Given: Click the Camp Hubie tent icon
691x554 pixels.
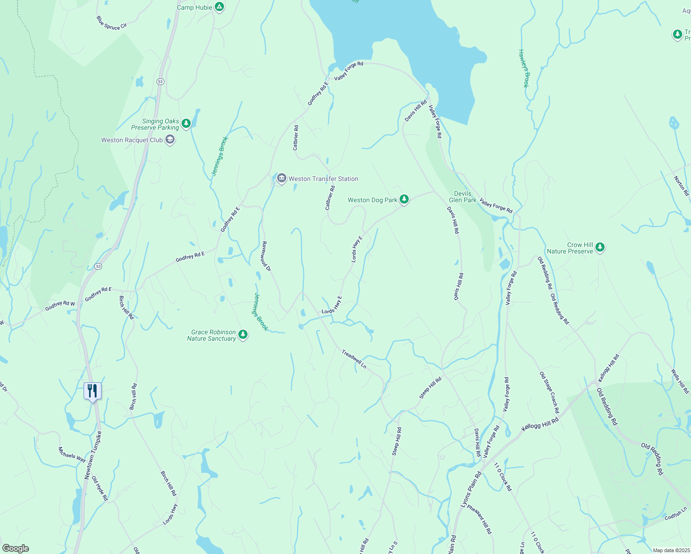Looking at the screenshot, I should (220, 7).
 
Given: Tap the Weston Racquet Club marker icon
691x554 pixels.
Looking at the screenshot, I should (170, 139).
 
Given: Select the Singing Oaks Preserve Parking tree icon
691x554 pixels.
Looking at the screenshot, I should (186, 123).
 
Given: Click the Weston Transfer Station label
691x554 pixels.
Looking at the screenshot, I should (323, 179).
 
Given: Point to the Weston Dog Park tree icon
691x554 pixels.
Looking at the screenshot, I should (404, 199).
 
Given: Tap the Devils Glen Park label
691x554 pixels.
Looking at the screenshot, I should (463, 197).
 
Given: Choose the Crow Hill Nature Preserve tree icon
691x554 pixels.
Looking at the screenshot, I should (600, 247).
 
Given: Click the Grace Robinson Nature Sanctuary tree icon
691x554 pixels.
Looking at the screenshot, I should (243, 335).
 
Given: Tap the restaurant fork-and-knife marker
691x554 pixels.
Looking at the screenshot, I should (92, 391).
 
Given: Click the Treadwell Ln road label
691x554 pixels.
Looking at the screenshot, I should (354, 359).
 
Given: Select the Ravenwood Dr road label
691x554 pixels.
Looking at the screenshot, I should (266, 256).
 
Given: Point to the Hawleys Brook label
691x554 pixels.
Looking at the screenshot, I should (523, 68).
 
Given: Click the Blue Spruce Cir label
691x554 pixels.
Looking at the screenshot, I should (111, 23).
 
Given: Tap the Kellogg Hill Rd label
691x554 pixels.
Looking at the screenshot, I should (540, 424).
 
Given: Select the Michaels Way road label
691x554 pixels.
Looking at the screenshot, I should (72, 455).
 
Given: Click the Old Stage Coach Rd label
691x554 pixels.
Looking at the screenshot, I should (549, 392).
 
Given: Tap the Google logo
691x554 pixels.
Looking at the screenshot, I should (15, 548).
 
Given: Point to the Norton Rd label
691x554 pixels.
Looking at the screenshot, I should (681, 186).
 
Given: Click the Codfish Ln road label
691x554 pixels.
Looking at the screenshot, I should (676, 514).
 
